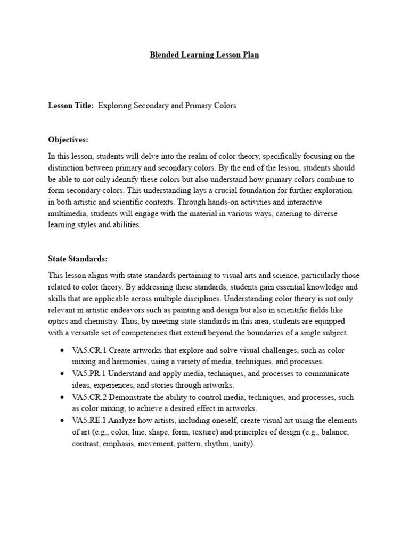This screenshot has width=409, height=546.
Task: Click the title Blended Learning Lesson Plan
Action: [x=204, y=55]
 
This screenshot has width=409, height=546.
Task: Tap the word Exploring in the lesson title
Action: [x=114, y=106]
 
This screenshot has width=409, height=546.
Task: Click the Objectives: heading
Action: [x=68, y=140]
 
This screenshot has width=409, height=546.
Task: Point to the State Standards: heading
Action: [x=78, y=259]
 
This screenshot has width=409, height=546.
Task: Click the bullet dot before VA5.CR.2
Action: [x=62, y=398]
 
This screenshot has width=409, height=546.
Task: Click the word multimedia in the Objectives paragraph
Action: [x=68, y=213]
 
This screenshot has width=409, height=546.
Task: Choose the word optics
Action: [x=59, y=322]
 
